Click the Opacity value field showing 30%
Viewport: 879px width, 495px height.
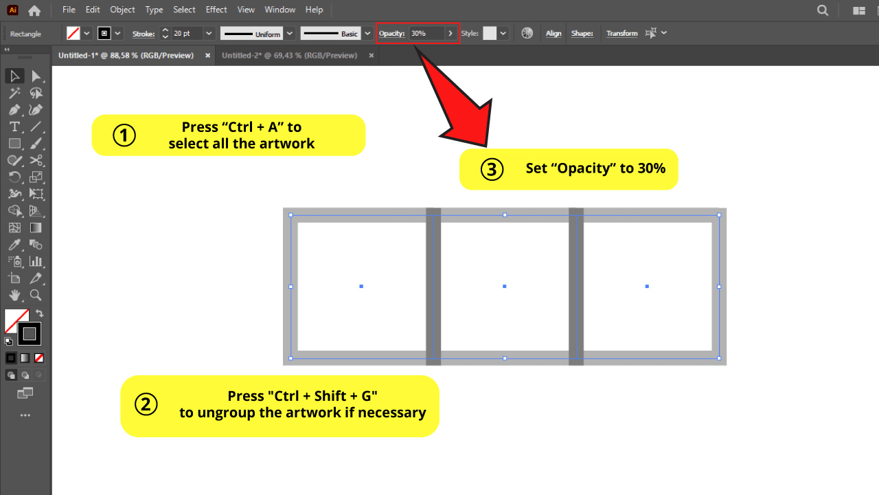[426, 33]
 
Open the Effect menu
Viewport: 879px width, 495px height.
[216, 10]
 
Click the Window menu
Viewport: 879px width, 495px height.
[279, 10]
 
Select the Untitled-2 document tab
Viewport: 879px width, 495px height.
[289, 55]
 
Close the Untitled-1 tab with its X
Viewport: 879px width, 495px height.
[208, 55]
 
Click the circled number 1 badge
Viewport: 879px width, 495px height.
[124, 135]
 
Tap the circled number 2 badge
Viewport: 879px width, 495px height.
[146, 404]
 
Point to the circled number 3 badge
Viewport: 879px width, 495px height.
[492, 169]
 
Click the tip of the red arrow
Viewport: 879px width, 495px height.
[486, 145]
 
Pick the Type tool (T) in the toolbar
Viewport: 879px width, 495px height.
[14, 127]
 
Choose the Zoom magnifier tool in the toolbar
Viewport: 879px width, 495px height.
[36, 295]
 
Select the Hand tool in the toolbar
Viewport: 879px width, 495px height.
[14, 295]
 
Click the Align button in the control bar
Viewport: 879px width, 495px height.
[553, 33]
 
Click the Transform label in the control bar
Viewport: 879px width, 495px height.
[621, 33]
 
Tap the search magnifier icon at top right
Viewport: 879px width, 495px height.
[823, 10]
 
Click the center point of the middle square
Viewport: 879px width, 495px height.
[505, 286]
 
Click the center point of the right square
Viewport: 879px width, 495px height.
[647, 286]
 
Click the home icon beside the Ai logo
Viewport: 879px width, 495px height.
[34, 10]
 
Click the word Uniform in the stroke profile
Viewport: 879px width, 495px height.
[268, 34]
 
